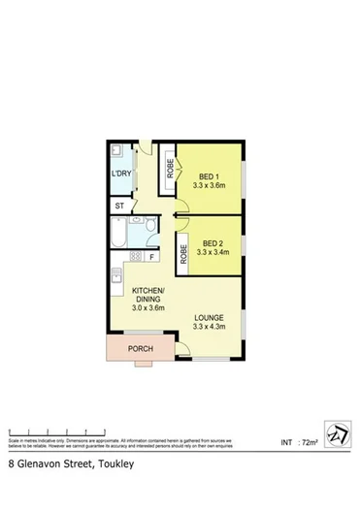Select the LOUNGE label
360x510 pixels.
210,317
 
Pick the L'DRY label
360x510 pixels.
120,174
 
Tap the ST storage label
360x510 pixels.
119,207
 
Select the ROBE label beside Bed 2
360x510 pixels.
183,254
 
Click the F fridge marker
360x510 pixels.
151,257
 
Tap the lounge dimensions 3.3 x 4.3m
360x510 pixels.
210,327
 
